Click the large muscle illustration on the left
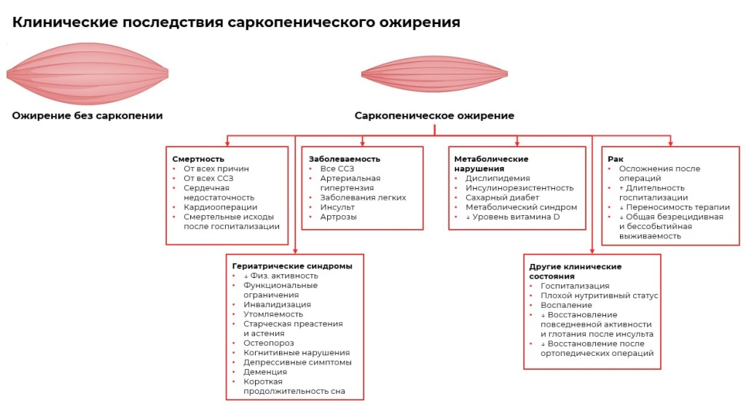[x=87, y=74]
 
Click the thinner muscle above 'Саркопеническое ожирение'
[x=434, y=74]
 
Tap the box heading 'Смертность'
[x=198, y=159]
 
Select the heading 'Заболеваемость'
[x=345, y=159]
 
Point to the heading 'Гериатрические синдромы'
[x=292, y=266]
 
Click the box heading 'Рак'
[x=616, y=159]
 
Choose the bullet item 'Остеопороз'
[x=268, y=343]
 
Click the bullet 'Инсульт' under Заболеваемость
[x=337, y=207]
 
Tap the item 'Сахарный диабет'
[x=502, y=198]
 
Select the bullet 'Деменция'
[x=265, y=372]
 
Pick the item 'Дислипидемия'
[x=498, y=178]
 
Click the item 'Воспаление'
[x=566, y=306]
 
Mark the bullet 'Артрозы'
[x=338, y=217]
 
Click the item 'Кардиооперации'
[x=220, y=207]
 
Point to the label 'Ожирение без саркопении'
[x=87, y=115]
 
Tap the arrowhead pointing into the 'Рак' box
[x=670, y=143]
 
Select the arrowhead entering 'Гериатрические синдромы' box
[x=295, y=251]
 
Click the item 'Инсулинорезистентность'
[x=519, y=188]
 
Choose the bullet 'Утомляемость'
[x=273, y=314]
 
